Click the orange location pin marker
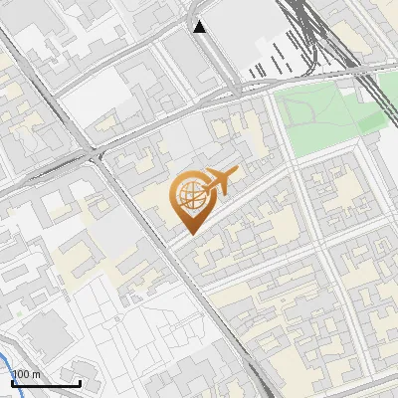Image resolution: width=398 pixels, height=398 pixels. (189, 200)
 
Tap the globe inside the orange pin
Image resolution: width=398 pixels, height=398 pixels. (189, 195)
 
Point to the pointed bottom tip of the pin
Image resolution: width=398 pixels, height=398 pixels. (189, 233)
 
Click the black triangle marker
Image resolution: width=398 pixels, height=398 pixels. (201, 27)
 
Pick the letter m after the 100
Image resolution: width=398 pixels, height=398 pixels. (36, 373)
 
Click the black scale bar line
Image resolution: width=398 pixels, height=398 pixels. (45, 384)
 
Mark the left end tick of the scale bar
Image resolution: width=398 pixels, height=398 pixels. (11, 382)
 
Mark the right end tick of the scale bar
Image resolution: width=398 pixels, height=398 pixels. (80, 382)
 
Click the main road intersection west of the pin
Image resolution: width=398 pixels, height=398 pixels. (97, 154)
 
